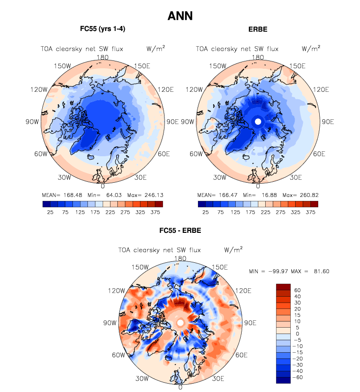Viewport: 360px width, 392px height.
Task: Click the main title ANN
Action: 180,16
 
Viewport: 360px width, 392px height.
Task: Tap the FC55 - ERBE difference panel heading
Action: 180,230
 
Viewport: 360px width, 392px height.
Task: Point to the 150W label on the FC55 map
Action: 63,66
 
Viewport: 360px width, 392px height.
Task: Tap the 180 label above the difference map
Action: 180,258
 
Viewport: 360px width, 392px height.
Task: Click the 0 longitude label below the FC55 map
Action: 103,187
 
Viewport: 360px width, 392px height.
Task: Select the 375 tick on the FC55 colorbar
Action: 155,212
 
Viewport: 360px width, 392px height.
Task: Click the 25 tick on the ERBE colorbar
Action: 206,212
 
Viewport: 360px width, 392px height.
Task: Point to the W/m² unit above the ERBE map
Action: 311,49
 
